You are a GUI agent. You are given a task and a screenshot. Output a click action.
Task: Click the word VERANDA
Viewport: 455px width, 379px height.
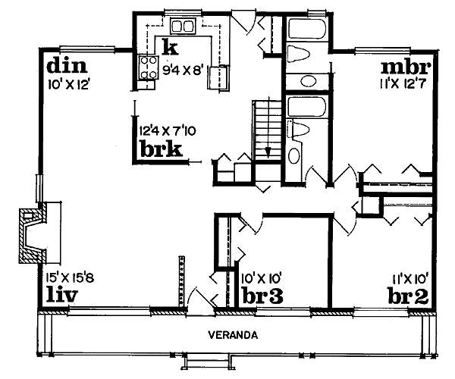pos(233,335)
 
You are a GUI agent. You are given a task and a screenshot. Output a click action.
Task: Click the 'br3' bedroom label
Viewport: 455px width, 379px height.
pos(262,295)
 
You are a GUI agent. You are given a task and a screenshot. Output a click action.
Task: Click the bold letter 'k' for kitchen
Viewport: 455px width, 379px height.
pos(170,49)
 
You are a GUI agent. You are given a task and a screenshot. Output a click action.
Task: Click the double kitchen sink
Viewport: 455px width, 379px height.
pos(183,27)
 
